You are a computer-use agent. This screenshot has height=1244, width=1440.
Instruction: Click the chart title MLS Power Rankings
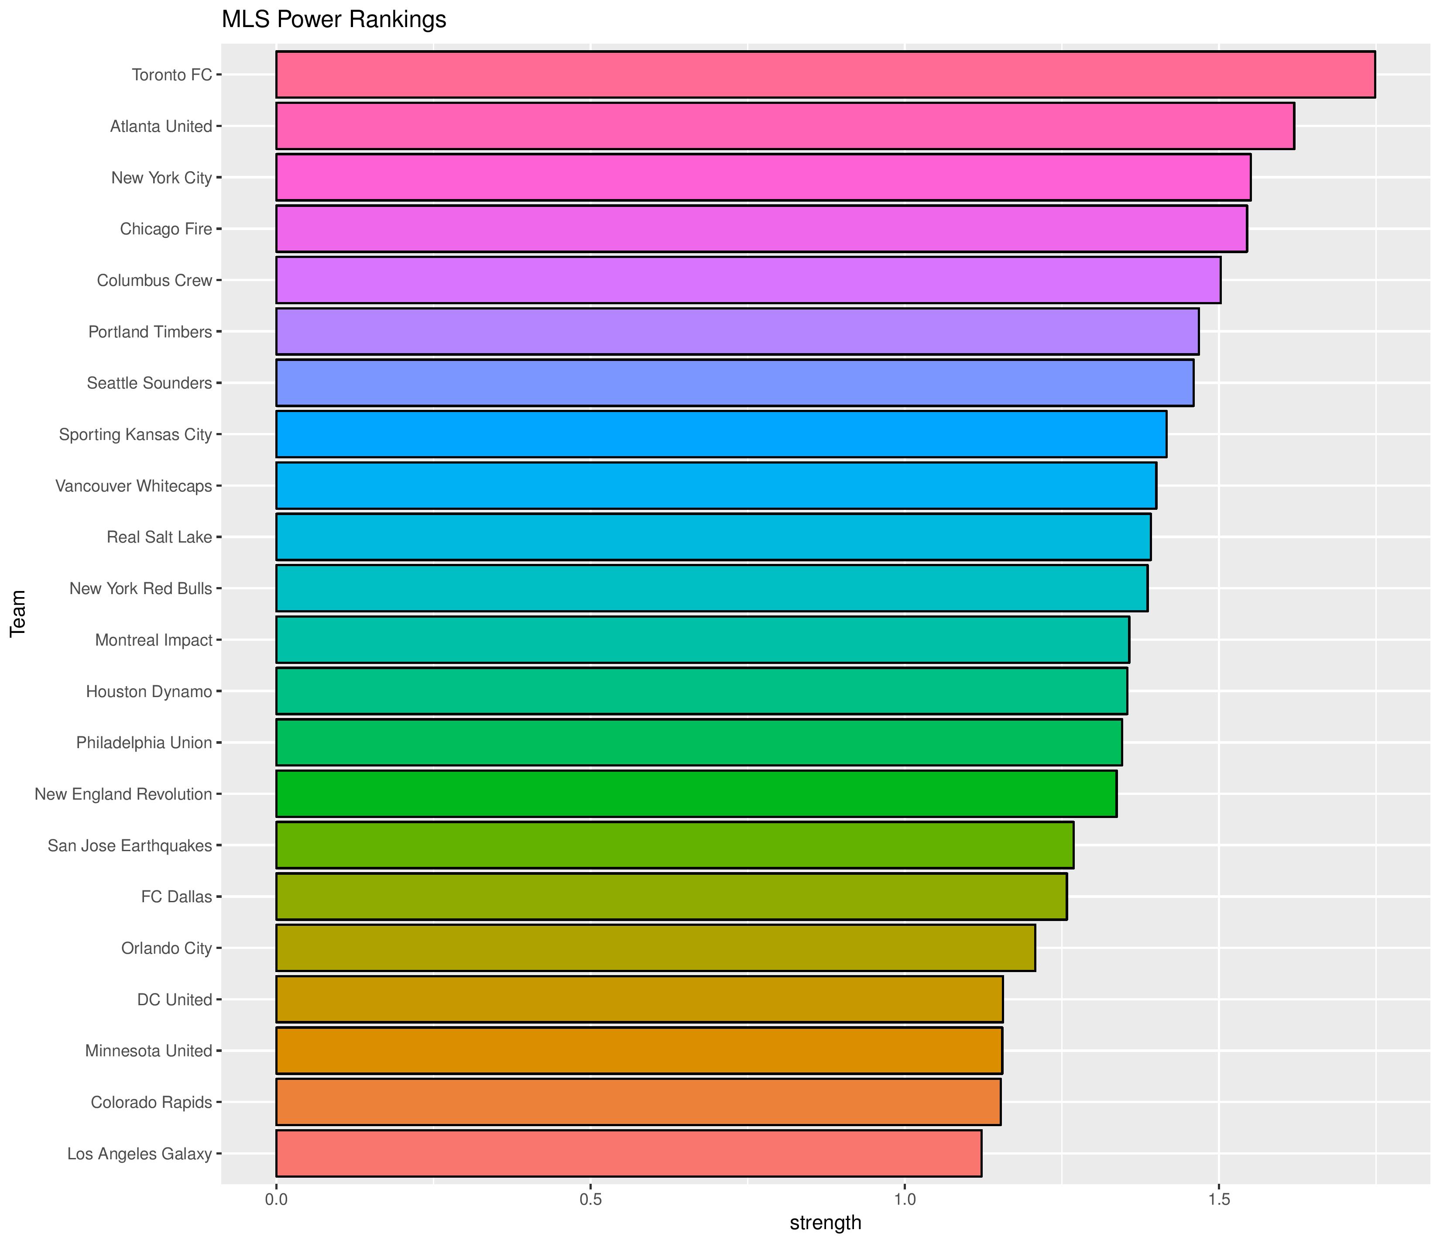(333, 20)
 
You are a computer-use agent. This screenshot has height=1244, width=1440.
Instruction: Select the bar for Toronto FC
(825, 74)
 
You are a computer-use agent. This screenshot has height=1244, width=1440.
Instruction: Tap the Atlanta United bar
(785, 126)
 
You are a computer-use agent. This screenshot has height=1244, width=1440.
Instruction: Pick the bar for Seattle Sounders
(734, 382)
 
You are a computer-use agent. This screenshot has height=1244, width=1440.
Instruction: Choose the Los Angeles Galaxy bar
(628, 1154)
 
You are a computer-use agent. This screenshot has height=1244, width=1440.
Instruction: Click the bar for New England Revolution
(696, 794)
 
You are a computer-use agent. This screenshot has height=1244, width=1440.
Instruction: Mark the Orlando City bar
(655, 948)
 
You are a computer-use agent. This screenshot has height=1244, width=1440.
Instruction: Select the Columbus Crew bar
(748, 280)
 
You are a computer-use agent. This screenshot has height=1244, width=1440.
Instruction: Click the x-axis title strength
(825, 1223)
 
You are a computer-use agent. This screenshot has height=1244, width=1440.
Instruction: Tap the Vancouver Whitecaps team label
(134, 486)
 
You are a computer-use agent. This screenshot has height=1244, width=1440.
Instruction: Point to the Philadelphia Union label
(144, 742)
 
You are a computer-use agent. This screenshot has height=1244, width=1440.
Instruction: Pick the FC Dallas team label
(176, 897)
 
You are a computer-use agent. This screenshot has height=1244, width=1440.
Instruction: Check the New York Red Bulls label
(141, 588)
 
